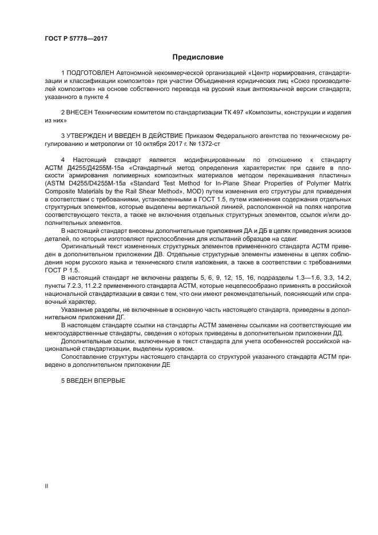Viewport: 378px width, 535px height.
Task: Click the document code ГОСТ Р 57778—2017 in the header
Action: (76, 38)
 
